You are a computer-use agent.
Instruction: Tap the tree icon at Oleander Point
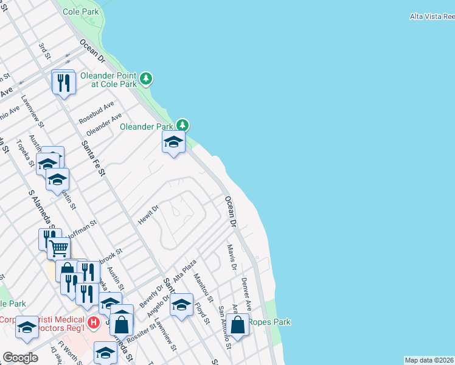tap(146, 78)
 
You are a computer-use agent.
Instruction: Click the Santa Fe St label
tap(94, 156)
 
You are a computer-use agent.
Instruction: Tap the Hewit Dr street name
tap(148, 215)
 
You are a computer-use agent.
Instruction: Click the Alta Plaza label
tap(185, 269)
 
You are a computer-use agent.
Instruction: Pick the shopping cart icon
tap(58, 248)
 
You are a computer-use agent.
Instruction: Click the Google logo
tap(20, 358)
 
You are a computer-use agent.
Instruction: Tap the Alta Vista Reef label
tap(432, 16)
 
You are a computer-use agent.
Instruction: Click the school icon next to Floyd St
tap(181, 305)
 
